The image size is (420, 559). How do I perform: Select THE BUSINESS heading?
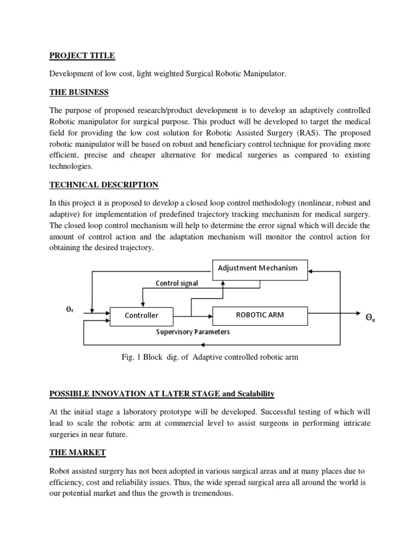(x=79, y=91)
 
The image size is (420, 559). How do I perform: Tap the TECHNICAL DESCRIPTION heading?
(x=103, y=185)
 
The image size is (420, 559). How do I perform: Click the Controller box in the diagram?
(x=142, y=316)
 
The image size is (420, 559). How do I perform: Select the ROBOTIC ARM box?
(x=260, y=315)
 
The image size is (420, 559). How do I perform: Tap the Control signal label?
(x=177, y=283)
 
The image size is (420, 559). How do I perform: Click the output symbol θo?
(x=370, y=316)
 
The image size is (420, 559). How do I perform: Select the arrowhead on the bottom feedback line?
(x=203, y=345)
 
